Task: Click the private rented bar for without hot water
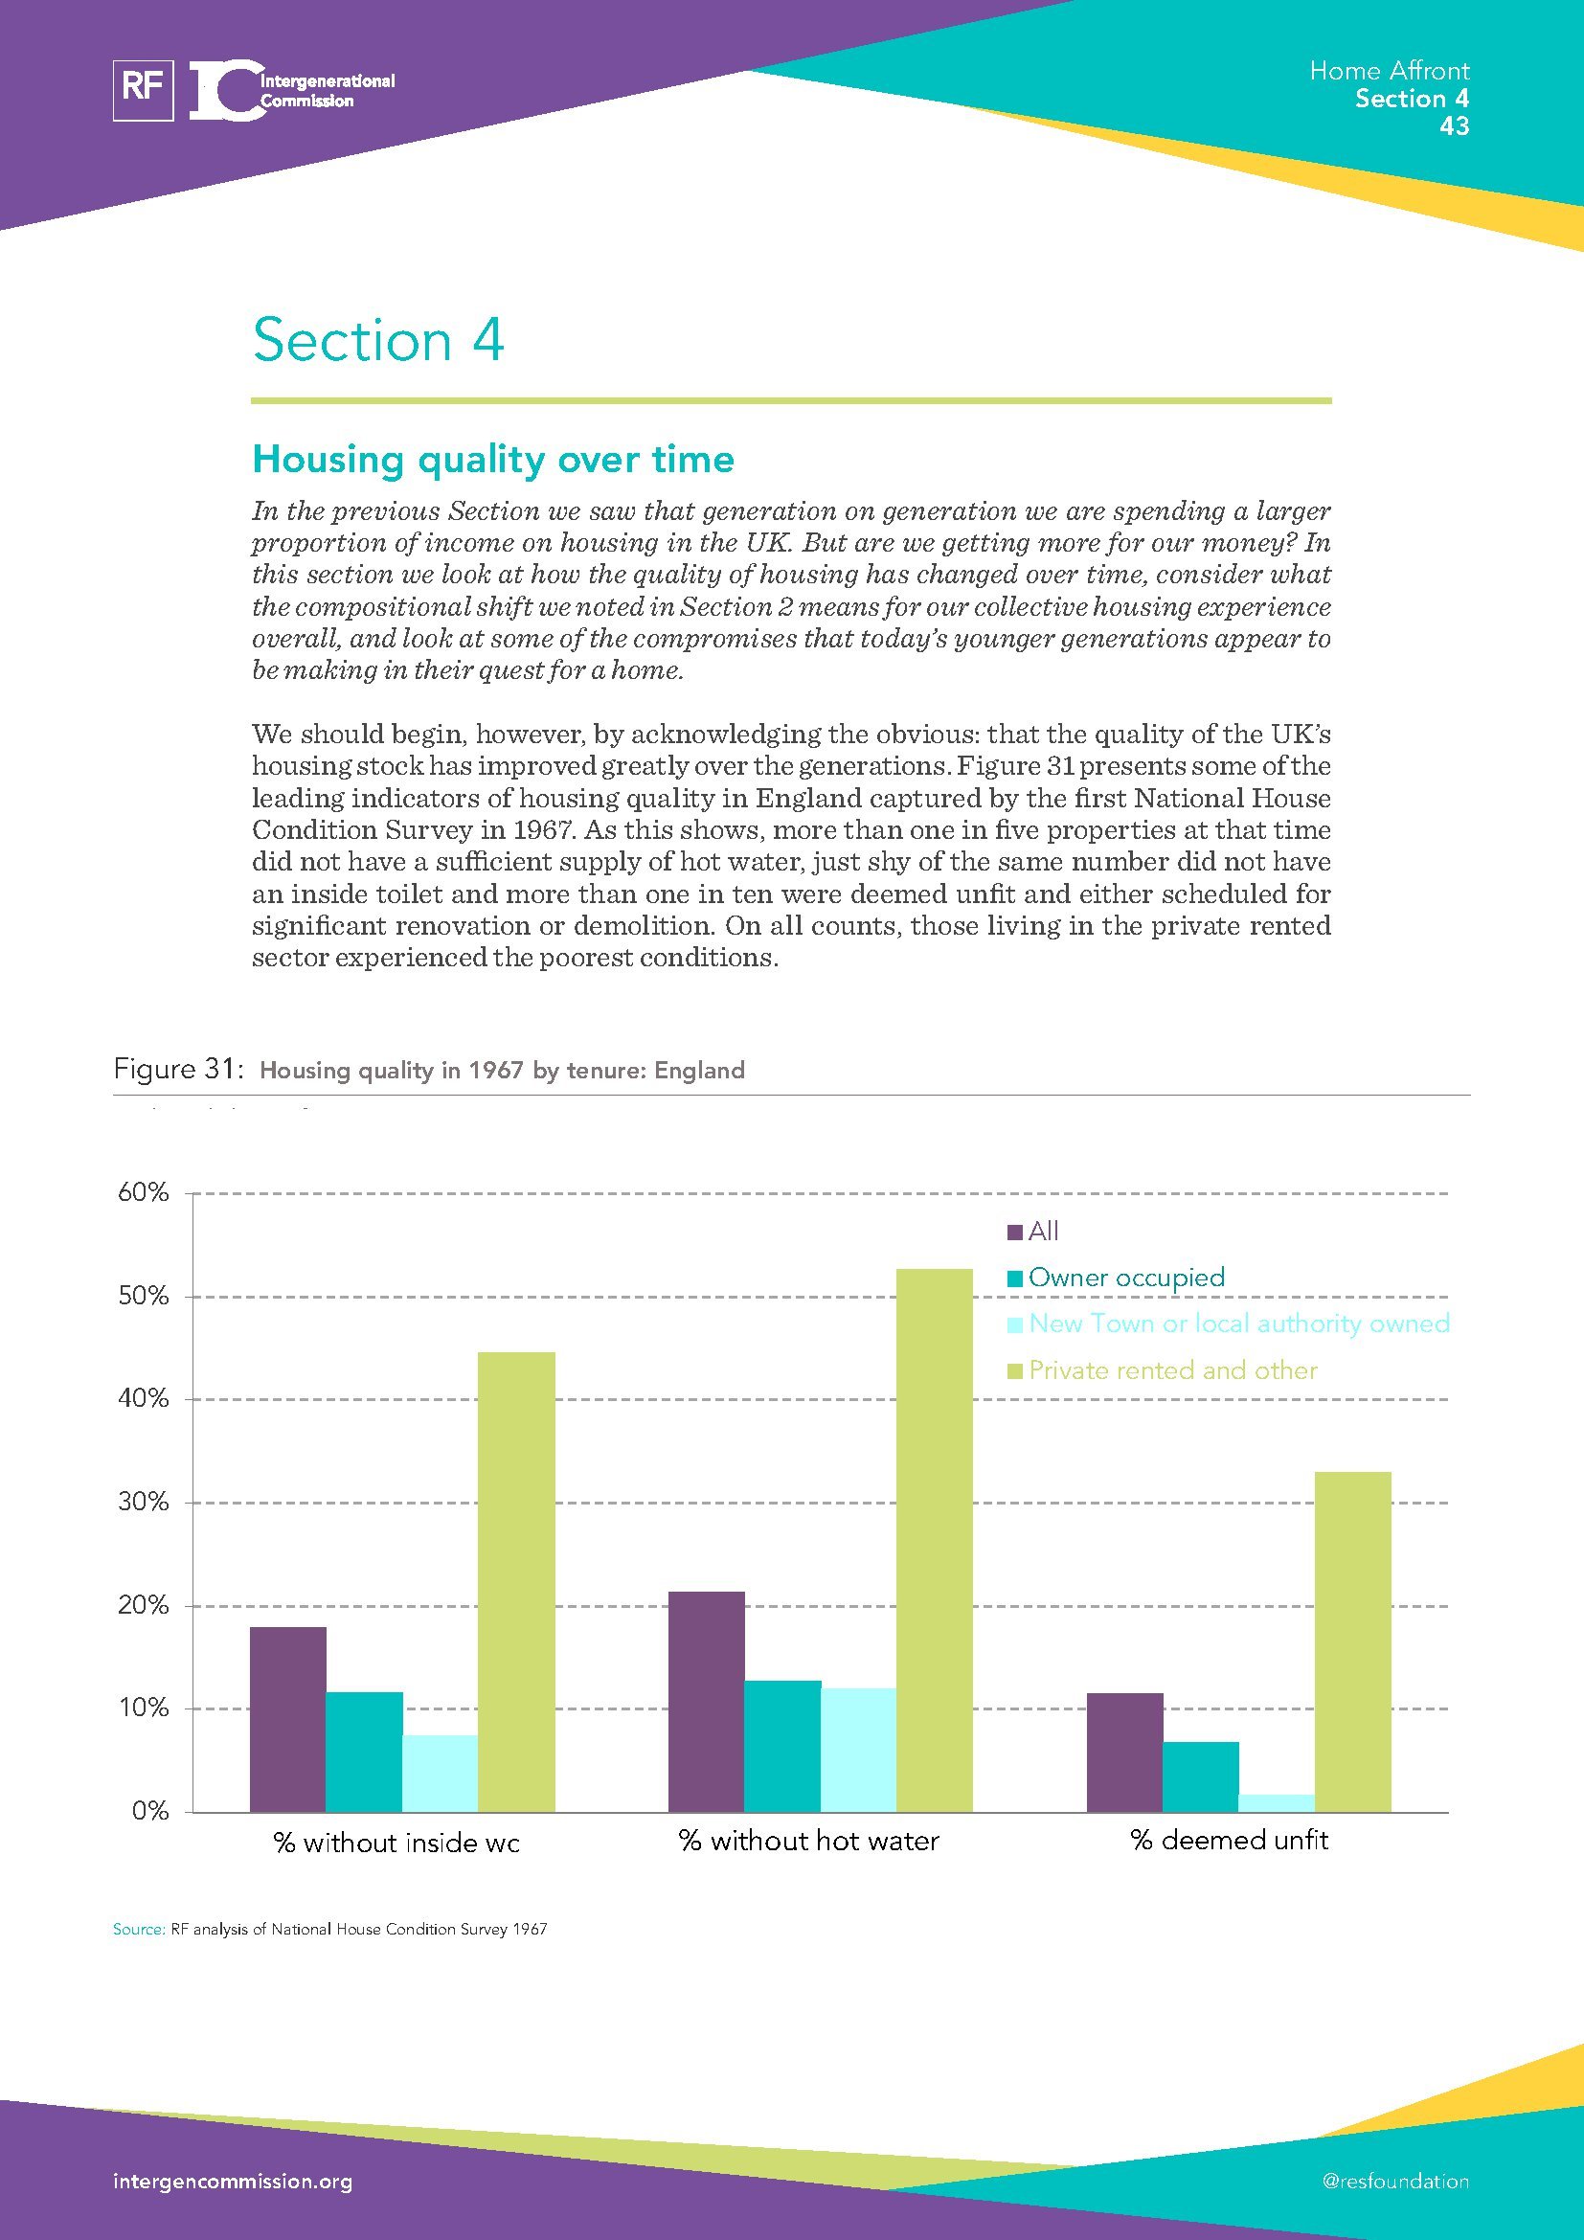point(935,1541)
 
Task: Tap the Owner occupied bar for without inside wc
point(365,1753)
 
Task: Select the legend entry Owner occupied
point(1125,1278)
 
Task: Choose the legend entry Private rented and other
point(1172,1369)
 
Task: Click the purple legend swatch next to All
point(1014,1233)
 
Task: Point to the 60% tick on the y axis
point(144,1192)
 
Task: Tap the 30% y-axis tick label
point(144,1503)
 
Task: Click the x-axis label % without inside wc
point(396,1843)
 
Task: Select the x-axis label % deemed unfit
point(1229,1840)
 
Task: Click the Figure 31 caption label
point(176,1070)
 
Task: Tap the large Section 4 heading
point(378,341)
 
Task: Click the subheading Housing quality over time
point(492,459)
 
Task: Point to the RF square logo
point(144,90)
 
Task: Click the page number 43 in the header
point(1454,125)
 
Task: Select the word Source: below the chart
point(139,1929)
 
